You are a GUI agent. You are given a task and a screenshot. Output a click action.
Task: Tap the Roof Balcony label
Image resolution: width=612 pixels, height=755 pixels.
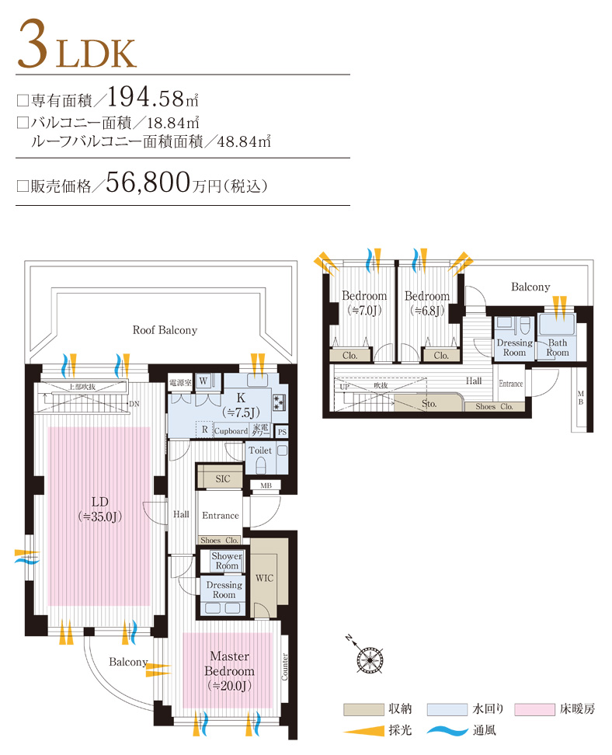pos(165,330)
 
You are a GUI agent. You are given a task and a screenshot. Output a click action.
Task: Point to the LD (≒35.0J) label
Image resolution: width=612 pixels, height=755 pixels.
pos(99,507)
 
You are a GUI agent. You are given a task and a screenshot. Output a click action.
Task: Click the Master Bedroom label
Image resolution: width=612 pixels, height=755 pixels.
pos(228,670)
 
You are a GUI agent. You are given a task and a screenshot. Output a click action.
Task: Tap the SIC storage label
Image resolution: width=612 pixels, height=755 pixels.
pos(222,479)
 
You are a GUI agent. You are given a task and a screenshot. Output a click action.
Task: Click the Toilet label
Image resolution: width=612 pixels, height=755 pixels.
pos(259,451)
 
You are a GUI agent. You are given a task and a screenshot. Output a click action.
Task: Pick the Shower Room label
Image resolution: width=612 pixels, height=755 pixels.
pos(227,561)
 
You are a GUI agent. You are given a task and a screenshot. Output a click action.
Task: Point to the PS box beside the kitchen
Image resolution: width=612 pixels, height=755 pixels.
pos(281,432)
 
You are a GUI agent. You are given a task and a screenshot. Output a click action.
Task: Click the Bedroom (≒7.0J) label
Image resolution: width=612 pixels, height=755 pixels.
pos(364,303)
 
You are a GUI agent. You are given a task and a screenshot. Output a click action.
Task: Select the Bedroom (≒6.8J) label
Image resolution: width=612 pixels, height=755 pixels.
pos(426,303)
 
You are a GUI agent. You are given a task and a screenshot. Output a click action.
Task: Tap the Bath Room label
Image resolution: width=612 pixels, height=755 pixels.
pos(557,347)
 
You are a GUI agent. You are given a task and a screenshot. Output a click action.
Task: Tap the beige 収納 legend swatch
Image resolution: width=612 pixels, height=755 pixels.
pos(364,709)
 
